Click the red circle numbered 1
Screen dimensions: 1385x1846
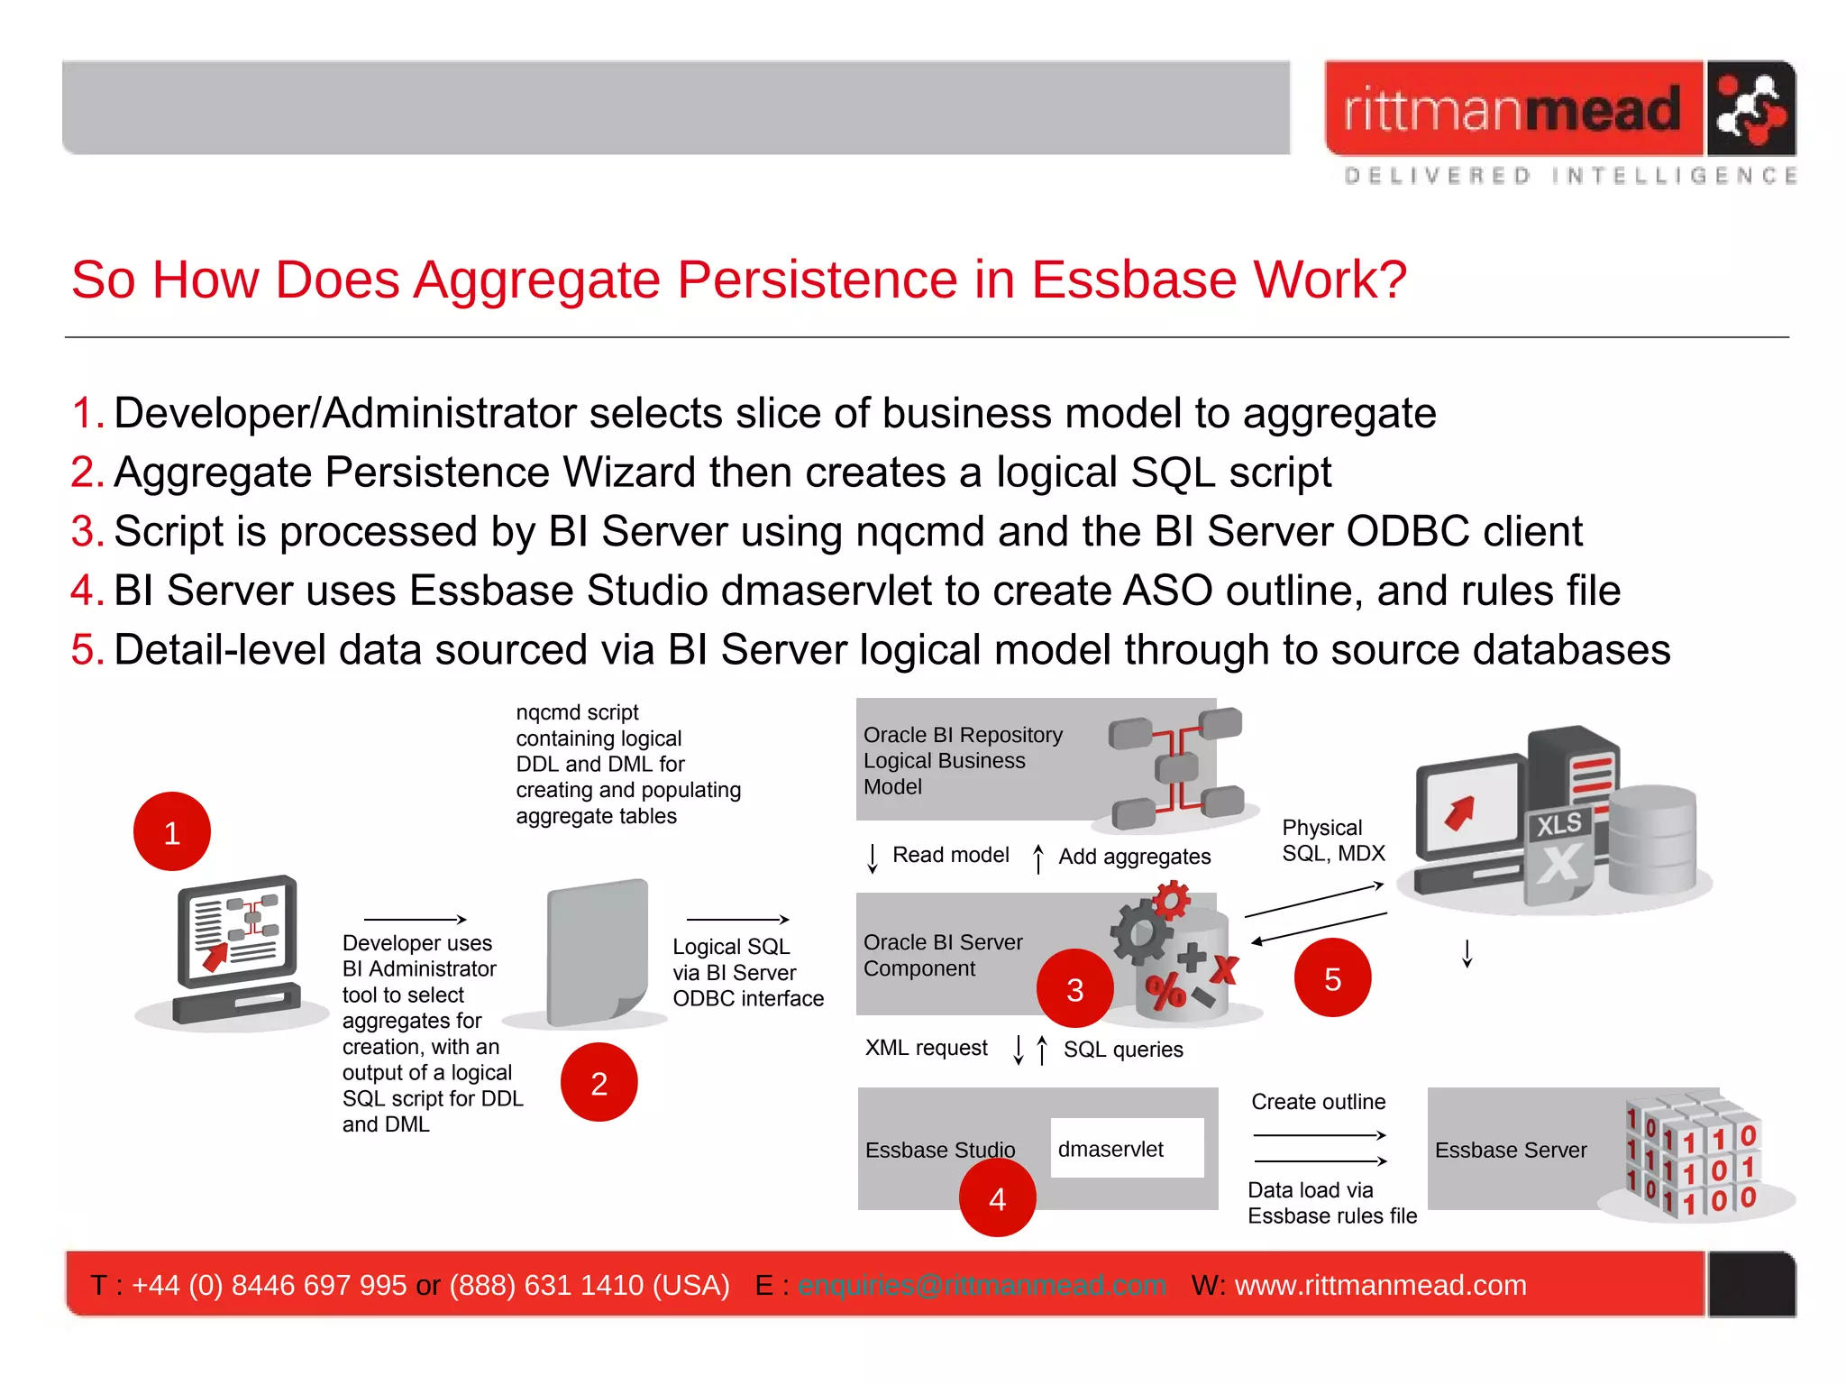[171, 831]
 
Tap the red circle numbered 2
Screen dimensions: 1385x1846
[599, 1082]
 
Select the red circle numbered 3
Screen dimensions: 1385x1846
[1074, 989]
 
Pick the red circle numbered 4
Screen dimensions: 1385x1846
[997, 1198]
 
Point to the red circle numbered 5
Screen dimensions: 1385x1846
[1332, 978]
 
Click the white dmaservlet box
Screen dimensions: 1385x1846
[1127, 1148]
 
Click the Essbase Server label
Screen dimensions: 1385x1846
[1511, 1150]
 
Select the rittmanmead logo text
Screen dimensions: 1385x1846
[1512, 110]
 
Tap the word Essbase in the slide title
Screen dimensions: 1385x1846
[1133, 280]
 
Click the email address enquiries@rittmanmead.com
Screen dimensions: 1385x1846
[982, 1285]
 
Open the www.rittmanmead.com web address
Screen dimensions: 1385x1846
[1380, 1285]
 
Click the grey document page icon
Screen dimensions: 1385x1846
[598, 951]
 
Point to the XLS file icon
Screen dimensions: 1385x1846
[1558, 852]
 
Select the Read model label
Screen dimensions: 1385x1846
[950, 855]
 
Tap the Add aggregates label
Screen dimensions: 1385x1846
[1134, 857]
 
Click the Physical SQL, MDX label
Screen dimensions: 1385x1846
[1332, 840]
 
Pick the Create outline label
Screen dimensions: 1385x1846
[1318, 1102]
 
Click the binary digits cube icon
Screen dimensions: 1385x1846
[1692, 1157]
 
